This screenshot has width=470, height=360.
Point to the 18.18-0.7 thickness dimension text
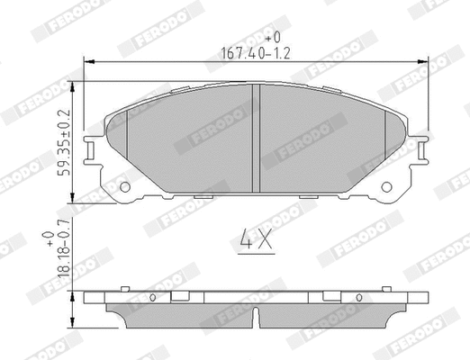point(64,262)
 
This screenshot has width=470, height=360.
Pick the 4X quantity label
point(258,239)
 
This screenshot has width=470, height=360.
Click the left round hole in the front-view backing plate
point(125,187)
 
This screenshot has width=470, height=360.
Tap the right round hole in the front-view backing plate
point(388,187)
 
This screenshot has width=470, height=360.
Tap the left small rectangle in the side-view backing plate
point(179,296)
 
